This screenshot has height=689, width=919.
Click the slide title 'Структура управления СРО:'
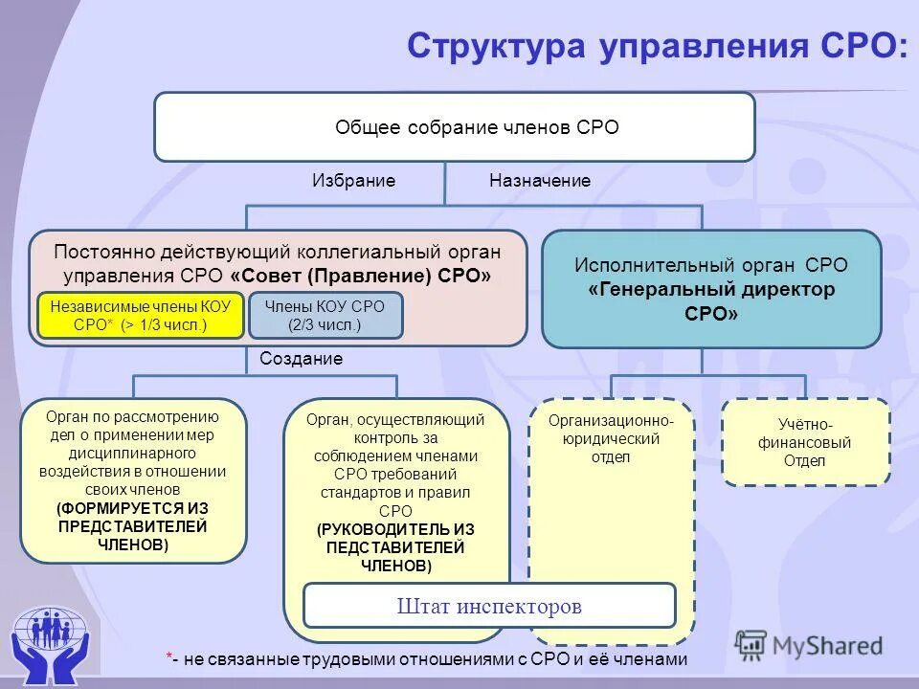tap(657, 46)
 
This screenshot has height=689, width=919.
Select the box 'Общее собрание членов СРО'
tap(455, 127)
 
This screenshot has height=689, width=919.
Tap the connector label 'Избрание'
tap(353, 181)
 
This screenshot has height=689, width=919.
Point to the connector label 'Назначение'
tap(540, 181)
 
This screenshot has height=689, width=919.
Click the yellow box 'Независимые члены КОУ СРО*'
tap(141, 316)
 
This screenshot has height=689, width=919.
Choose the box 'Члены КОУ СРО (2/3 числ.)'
tap(325, 316)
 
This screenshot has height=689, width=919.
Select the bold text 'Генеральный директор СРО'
tap(711, 300)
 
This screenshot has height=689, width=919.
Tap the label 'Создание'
tap(301, 359)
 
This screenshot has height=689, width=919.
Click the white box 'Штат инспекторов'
tap(489, 606)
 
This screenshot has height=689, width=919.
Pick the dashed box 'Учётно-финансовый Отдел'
tap(804, 442)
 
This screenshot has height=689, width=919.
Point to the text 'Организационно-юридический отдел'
tap(611, 439)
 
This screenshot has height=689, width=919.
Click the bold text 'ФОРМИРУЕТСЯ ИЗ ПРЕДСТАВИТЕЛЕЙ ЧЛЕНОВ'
tap(132, 526)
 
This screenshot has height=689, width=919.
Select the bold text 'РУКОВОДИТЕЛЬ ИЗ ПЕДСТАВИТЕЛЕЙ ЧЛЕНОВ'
tap(395, 547)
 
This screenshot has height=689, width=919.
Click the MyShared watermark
tap(809, 645)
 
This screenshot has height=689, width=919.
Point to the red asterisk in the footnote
tap(168, 657)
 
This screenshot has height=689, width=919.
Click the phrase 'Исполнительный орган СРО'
tap(711, 266)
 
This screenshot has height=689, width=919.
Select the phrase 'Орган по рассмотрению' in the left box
tap(132, 416)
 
